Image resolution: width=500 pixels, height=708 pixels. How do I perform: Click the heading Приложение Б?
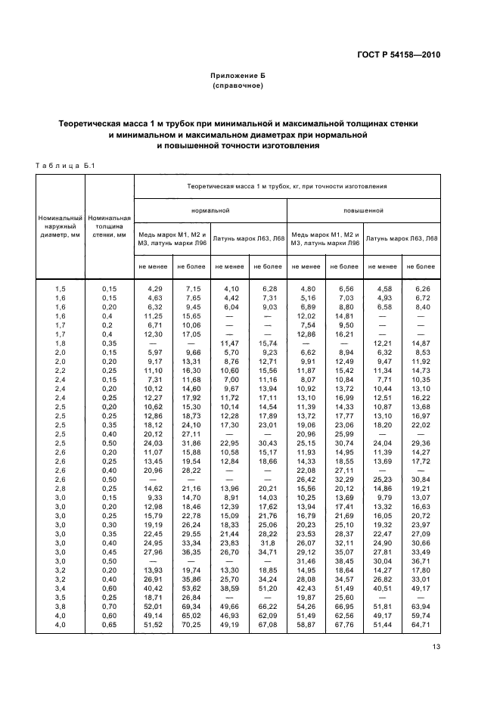click(x=238, y=76)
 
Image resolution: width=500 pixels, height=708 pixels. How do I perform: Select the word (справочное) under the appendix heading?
click(x=238, y=85)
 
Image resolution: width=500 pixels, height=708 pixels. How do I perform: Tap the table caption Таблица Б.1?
click(x=60, y=166)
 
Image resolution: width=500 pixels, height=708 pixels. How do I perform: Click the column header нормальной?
click(x=210, y=210)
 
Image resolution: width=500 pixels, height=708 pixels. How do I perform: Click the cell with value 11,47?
click(x=229, y=343)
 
